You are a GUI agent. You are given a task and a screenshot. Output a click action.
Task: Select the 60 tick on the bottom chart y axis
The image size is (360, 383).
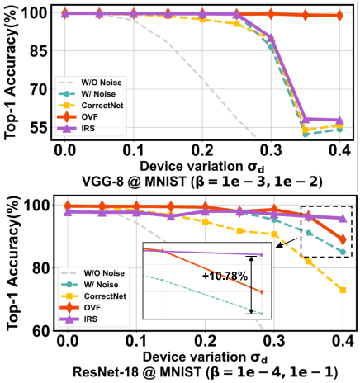(40, 331)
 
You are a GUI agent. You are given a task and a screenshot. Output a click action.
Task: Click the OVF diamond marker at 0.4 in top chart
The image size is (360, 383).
(339, 16)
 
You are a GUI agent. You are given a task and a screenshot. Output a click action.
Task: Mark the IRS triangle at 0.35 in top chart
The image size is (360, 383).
(306, 120)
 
